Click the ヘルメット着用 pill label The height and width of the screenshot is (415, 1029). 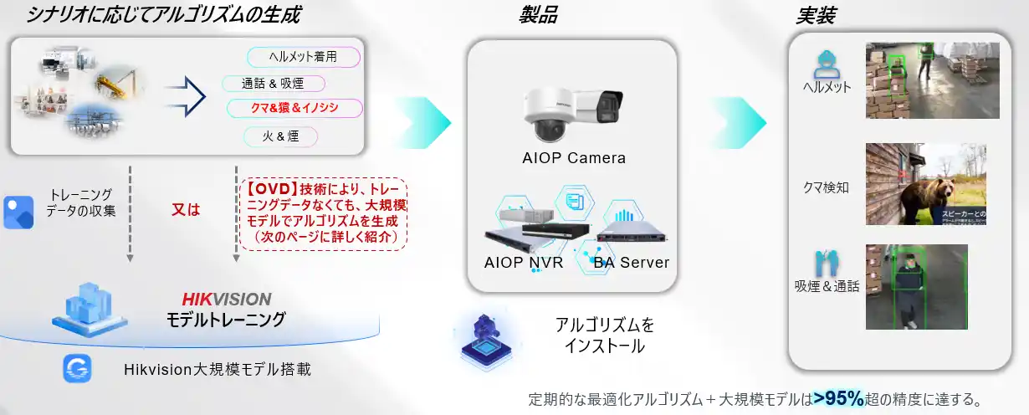click(x=303, y=57)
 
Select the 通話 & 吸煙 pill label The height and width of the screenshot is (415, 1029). click(x=273, y=84)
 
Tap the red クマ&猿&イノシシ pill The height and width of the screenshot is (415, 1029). click(x=294, y=108)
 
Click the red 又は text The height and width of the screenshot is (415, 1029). click(x=186, y=210)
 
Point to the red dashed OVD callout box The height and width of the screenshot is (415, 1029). click(x=323, y=213)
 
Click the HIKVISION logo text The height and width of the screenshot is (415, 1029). click(x=227, y=300)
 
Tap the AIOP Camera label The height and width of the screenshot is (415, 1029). click(x=573, y=157)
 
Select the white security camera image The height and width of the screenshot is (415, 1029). click(x=571, y=112)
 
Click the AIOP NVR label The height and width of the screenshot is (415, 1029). click(x=524, y=262)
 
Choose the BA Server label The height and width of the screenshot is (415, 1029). click(x=632, y=262)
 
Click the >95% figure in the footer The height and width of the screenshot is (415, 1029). click(x=838, y=398)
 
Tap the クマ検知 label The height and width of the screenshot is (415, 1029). click(x=826, y=187)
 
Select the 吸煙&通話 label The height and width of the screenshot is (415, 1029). click(x=827, y=286)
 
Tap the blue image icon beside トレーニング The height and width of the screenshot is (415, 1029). click(x=18, y=213)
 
